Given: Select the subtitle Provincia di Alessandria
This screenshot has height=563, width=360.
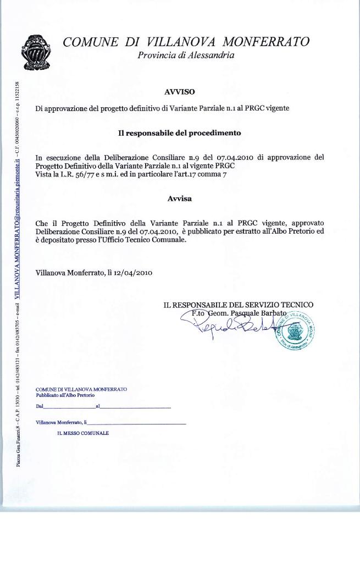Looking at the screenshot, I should (x=186, y=55).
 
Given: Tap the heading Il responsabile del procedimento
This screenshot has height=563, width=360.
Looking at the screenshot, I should (x=180, y=133).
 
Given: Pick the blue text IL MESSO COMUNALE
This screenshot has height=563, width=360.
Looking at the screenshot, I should (x=83, y=433).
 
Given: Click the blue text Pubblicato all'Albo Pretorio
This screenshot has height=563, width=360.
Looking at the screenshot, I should (x=65, y=395).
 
